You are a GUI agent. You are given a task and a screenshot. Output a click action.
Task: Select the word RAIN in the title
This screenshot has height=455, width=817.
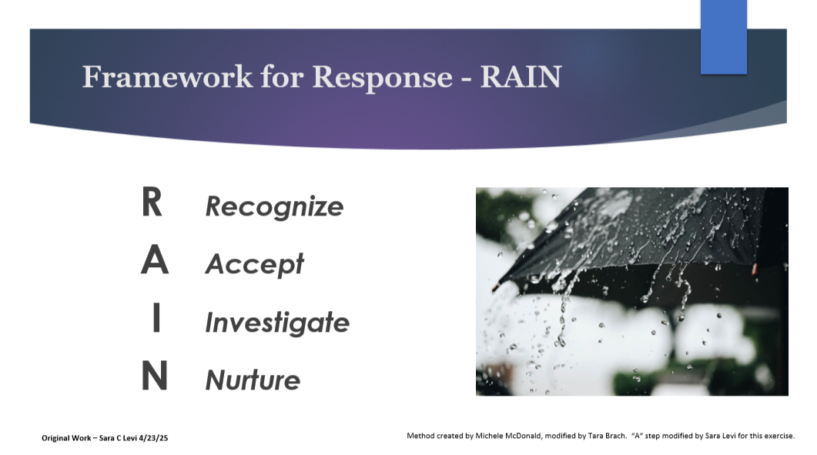521,77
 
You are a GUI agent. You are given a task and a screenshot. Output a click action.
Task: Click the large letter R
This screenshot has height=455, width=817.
152,203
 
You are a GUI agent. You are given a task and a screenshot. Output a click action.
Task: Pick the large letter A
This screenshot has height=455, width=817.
154,262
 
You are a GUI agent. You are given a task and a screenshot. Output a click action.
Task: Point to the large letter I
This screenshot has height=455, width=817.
156,320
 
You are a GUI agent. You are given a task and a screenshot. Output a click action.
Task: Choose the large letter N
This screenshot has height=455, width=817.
154,377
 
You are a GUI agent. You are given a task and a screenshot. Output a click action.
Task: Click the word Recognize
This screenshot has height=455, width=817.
274,206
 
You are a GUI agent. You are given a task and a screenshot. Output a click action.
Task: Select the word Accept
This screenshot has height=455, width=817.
254,264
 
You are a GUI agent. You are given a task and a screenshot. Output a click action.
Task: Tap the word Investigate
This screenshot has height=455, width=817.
276,322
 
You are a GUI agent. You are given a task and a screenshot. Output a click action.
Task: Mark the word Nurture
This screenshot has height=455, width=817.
252,380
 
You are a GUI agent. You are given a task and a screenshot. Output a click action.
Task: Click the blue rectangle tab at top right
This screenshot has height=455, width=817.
723,36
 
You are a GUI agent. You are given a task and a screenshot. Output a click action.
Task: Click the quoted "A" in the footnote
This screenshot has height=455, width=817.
637,436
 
